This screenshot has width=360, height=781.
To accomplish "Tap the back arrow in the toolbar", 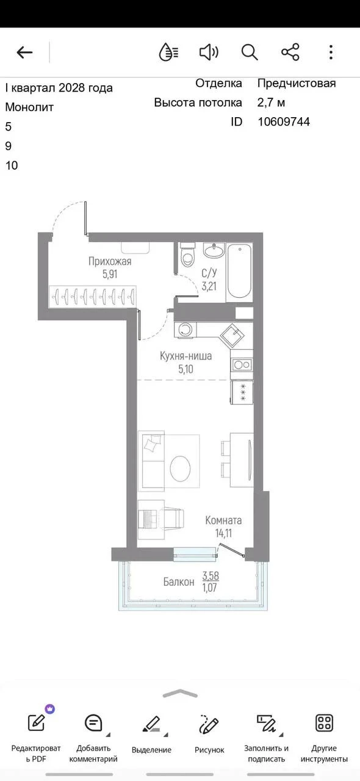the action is [x=24, y=52].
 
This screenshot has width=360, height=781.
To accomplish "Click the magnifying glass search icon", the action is [x=250, y=52].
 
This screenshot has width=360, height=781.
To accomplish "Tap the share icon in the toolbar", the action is [x=290, y=52].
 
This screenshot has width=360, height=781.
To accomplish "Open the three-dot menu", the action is [x=331, y=52].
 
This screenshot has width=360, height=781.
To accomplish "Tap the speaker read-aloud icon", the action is [x=209, y=52].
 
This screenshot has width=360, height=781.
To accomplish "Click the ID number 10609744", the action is [x=284, y=121].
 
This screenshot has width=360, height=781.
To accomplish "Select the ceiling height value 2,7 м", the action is [x=272, y=103].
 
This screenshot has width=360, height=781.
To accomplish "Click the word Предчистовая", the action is [x=297, y=84].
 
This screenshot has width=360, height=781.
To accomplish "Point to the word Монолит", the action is [x=29, y=107].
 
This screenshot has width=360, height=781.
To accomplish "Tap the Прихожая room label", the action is [x=110, y=261].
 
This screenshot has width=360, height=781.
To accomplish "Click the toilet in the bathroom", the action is [x=187, y=254].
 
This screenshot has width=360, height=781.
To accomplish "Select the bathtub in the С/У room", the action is [x=239, y=272].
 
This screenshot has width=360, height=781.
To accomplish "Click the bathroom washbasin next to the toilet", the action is [x=214, y=250].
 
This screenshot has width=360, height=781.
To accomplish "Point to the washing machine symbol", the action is [x=185, y=329].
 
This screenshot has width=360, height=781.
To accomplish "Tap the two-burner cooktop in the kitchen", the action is [x=242, y=365].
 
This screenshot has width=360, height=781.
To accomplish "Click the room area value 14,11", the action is [x=223, y=533].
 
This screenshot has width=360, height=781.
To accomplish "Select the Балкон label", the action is [x=179, y=581].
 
